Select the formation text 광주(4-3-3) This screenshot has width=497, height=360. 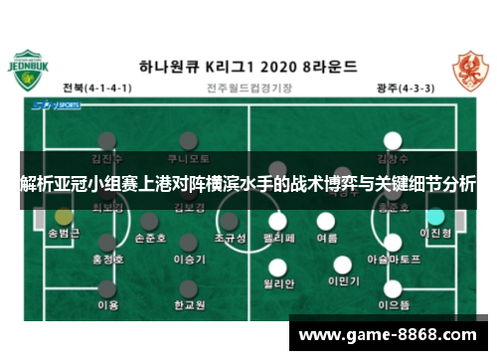[x=407, y=88]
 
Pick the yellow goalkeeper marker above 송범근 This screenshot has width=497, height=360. [x=63, y=215]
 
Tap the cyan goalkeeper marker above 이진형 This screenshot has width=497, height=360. [x=434, y=215]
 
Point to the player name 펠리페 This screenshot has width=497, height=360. [x=280, y=240]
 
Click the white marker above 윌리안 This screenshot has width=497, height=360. [x=280, y=264]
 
